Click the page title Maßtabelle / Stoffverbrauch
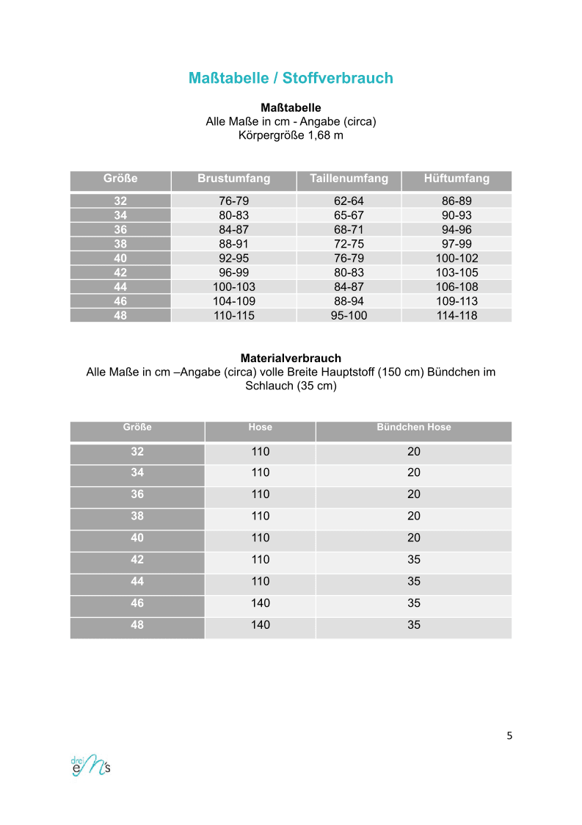click(x=291, y=78)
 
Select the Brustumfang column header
click(x=233, y=179)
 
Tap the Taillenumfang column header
click(x=349, y=179)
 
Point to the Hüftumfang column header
click(x=456, y=179)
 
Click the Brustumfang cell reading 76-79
click(x=233, y=201)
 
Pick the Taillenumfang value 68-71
click(x=349, y=230)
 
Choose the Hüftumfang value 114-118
click(x=456, y=316)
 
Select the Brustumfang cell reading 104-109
click(x=233, y=301)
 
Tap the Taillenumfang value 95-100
click(x=349, y=316)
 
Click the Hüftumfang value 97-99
click(x=456, y=244)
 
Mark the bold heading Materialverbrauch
click(x=291, y=359)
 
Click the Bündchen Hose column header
click(x=413, y=428)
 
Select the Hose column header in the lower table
click(x=260, y=428)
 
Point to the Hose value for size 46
click(x=260, y=603)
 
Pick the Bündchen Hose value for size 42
click(x=413, y=560)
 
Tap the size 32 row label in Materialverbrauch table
click(x=137, y=452)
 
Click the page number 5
click(x=509, y=736)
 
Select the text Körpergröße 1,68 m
click(x=291, y=135)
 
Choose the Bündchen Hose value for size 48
click(x=413, y=625)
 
